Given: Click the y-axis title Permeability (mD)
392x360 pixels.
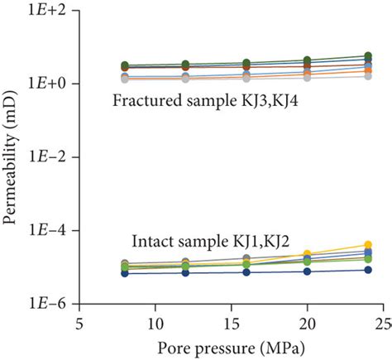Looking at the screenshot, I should click(11, 156).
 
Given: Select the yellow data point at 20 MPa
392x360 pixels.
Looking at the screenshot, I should click(307, 254).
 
